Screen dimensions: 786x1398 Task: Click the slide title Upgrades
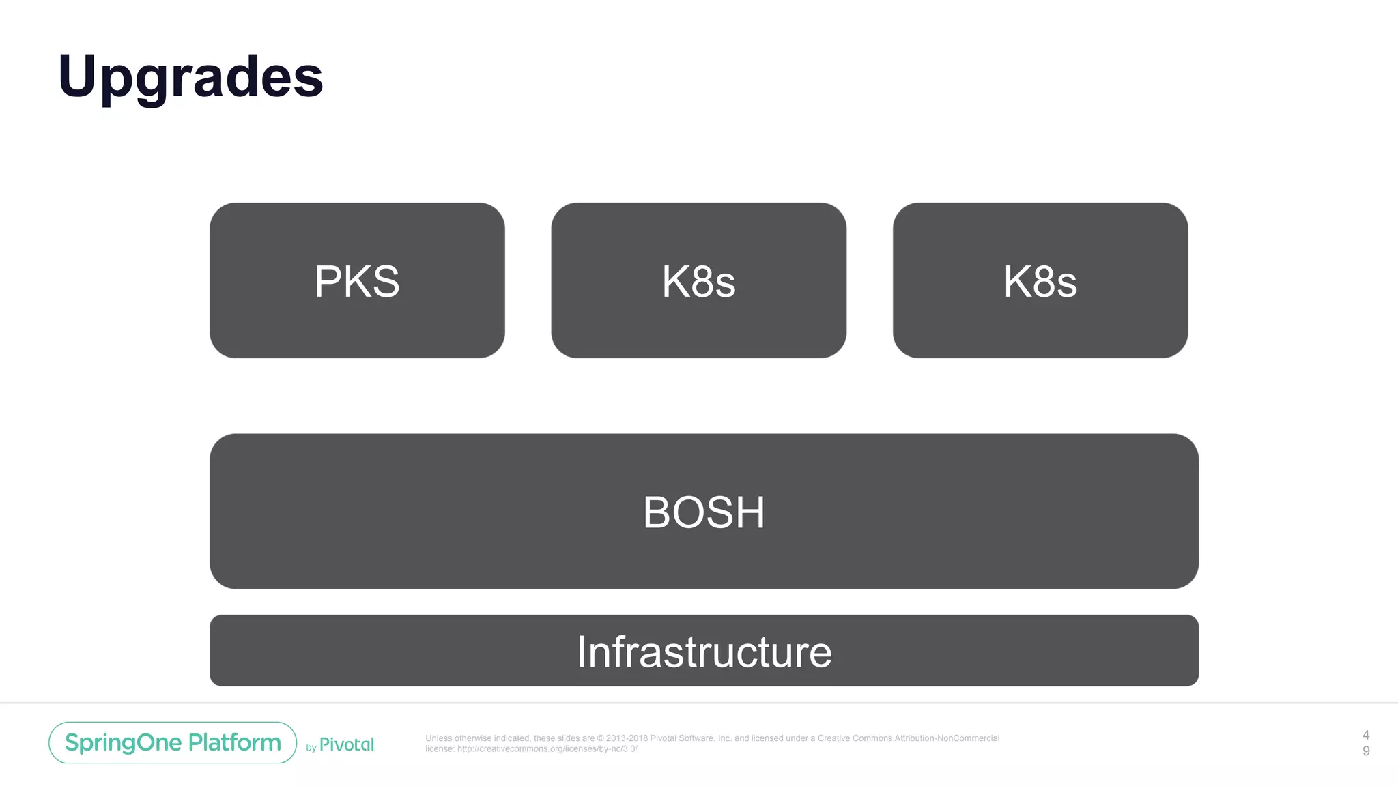(x=190, y=76)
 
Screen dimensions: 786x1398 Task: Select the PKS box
(x=357, y=280)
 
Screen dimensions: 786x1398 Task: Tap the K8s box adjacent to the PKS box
(x=698, y=280)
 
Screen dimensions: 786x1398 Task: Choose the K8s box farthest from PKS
(x=1040, y=280)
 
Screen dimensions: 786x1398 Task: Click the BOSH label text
(x=704, y=512)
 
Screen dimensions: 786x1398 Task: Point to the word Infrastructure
(x=704, y=652)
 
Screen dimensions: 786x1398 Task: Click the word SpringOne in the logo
(x=123, y=742)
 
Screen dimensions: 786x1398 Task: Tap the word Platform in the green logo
(x=234, y=742)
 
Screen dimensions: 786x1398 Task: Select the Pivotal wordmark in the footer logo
(x=347, y=744)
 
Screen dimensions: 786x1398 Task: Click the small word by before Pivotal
(x=311, y=748)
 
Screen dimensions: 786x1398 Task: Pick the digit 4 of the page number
(x=1366, y=735)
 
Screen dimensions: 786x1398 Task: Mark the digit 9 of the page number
(x=1366, y=751)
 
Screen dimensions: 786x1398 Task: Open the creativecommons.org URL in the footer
(x=547, y=748)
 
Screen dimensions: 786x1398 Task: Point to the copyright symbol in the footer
(x=601, y=738)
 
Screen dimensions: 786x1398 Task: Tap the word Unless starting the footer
(x=438, y=738)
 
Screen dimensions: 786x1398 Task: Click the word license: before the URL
(x=440, y=748)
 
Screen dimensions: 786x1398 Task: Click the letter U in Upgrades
(x=77, y=75)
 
